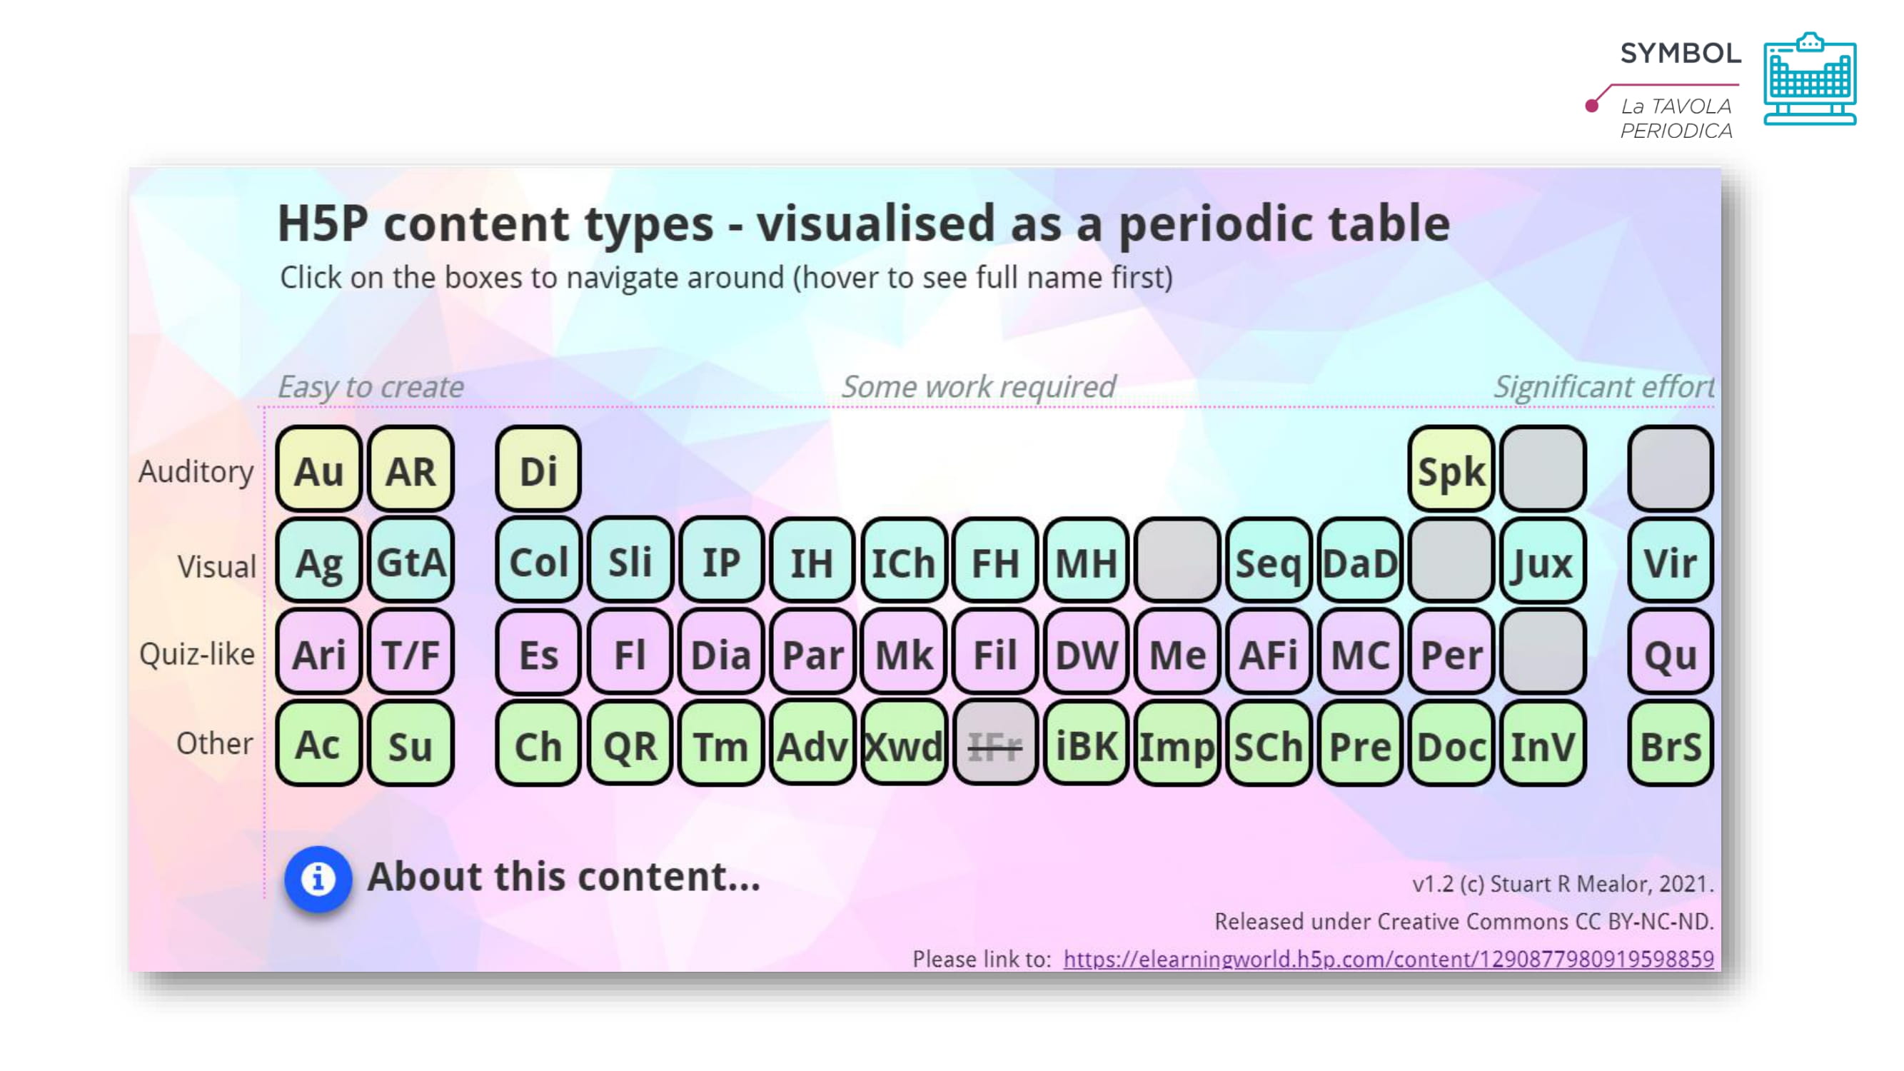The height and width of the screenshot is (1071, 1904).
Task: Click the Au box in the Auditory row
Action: [318, 469]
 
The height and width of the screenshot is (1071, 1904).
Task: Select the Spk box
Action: [1451, 469]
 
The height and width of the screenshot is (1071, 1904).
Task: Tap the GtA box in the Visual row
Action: [411, 561]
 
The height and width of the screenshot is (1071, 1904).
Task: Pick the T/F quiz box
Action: [411, 653]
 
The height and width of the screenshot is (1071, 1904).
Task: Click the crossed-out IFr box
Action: [995, 744]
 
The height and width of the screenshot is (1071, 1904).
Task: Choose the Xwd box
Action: [904, 744]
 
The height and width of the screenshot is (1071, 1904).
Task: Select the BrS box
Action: [1671, 744]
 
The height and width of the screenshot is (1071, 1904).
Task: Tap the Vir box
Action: [1671, 561]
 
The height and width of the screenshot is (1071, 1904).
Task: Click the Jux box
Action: [1543, 561]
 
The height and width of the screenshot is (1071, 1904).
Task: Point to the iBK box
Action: [1086, 744]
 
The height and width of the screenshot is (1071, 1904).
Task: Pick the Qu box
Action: [1671, 653]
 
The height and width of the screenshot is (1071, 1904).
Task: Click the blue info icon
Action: [318, 879]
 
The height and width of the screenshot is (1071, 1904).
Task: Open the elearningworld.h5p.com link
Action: [1388, 959]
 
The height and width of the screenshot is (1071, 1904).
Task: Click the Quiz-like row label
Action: [196, 654]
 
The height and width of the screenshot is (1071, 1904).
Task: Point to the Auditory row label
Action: [196, 471]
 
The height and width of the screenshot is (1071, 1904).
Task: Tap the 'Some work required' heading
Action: [979, 386]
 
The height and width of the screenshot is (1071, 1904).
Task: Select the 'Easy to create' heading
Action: [371, 387]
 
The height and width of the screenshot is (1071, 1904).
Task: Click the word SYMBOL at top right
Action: [1681, 54]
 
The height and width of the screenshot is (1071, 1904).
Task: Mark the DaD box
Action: [1360, 561]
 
